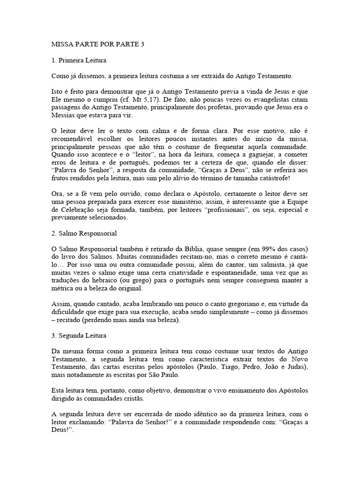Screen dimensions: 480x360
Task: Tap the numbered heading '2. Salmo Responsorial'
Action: pyautogui.click(x=83, y=232)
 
